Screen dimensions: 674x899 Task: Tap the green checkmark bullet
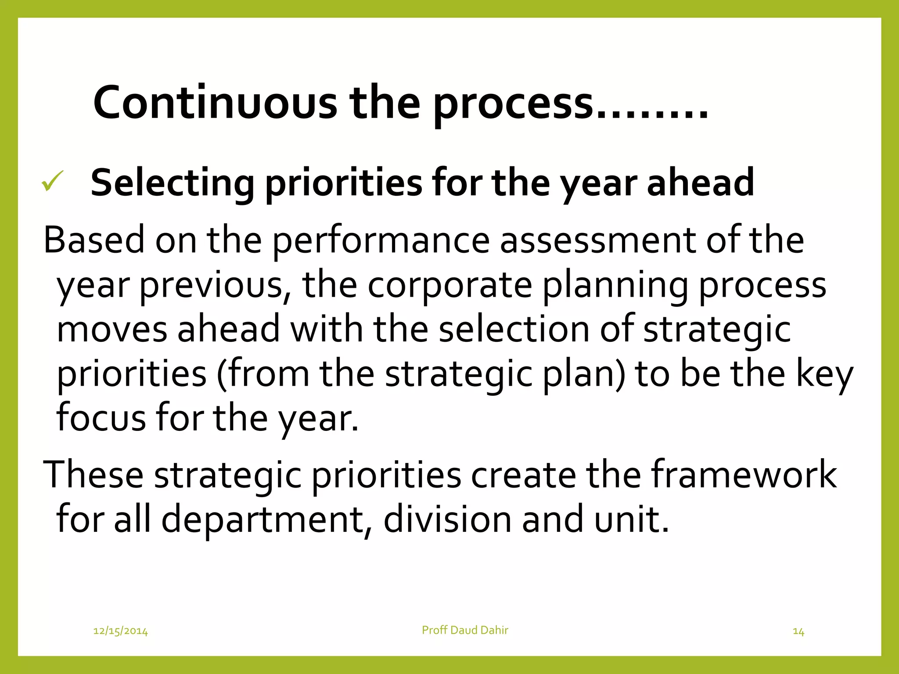point(52,181)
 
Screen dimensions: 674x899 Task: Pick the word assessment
point(598,240)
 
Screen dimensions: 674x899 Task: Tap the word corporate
point(449,285)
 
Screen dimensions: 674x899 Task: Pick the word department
point(263,520)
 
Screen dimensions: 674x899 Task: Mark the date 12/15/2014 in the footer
point(121,631)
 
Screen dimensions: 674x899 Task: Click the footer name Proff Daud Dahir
point(465,630)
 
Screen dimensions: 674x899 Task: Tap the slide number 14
point(798,631)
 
